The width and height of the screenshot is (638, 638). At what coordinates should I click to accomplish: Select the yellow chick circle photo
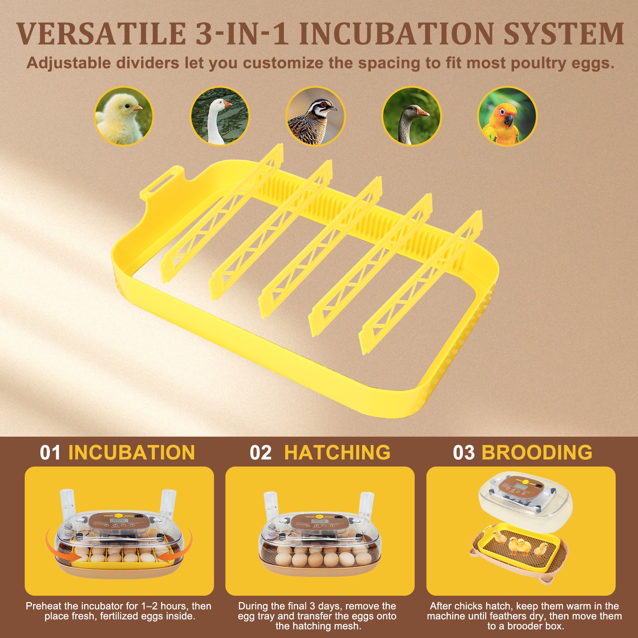pos(124,116)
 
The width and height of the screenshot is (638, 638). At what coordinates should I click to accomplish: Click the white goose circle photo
pos(220,116)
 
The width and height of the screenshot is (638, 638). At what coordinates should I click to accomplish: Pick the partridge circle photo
pos(315,116)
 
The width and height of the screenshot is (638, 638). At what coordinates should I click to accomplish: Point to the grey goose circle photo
pos(412,116)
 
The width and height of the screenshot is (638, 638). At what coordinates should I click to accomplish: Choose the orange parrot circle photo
pos(507,116)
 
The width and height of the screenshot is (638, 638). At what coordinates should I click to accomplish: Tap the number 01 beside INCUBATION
pos(50,453)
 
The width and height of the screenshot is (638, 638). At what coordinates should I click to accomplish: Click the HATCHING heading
pos(337,453)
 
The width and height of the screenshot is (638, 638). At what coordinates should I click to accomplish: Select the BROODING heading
pos(537,453)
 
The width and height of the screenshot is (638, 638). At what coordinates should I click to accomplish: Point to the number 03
pos(464,453)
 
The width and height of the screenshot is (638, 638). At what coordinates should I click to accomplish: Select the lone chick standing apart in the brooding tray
pos(541,549)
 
